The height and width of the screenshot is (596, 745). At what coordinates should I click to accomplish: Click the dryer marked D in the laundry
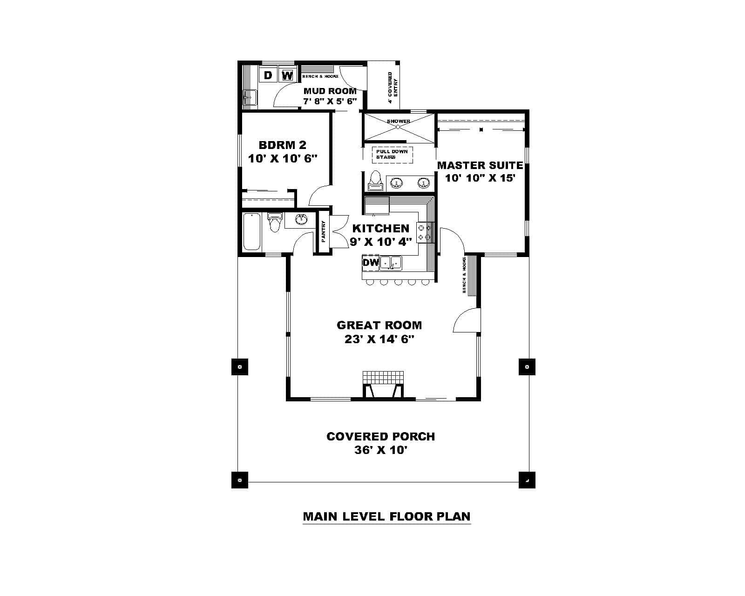(x=268, y=75)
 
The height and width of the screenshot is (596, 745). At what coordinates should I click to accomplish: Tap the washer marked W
(x=288, y=75)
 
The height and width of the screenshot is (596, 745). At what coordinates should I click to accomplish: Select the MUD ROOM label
(x=330, y=91)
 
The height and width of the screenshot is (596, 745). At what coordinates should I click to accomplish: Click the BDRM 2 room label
(x=283, y=145)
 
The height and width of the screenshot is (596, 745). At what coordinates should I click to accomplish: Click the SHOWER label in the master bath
(x=399, y=122)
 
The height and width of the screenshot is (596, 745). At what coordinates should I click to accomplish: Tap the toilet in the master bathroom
(x=375, y=181)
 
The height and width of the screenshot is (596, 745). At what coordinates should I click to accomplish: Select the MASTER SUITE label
(x=480, y=165)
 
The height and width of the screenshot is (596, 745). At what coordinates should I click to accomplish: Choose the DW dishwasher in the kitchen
(x=371, y=263)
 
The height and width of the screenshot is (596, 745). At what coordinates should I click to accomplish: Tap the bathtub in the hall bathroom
(x=252, y=231)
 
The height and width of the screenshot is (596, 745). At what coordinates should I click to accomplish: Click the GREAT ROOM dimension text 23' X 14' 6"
(x=379, y=339)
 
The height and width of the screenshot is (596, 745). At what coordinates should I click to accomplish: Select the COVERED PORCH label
(x=380, y=437)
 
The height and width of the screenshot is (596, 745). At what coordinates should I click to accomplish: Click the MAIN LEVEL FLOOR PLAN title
(x=386, y=516)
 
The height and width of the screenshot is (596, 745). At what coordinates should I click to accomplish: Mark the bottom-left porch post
(x=239, y=480)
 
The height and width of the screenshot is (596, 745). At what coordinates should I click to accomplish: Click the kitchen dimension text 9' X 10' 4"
(x=381, y=242)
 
